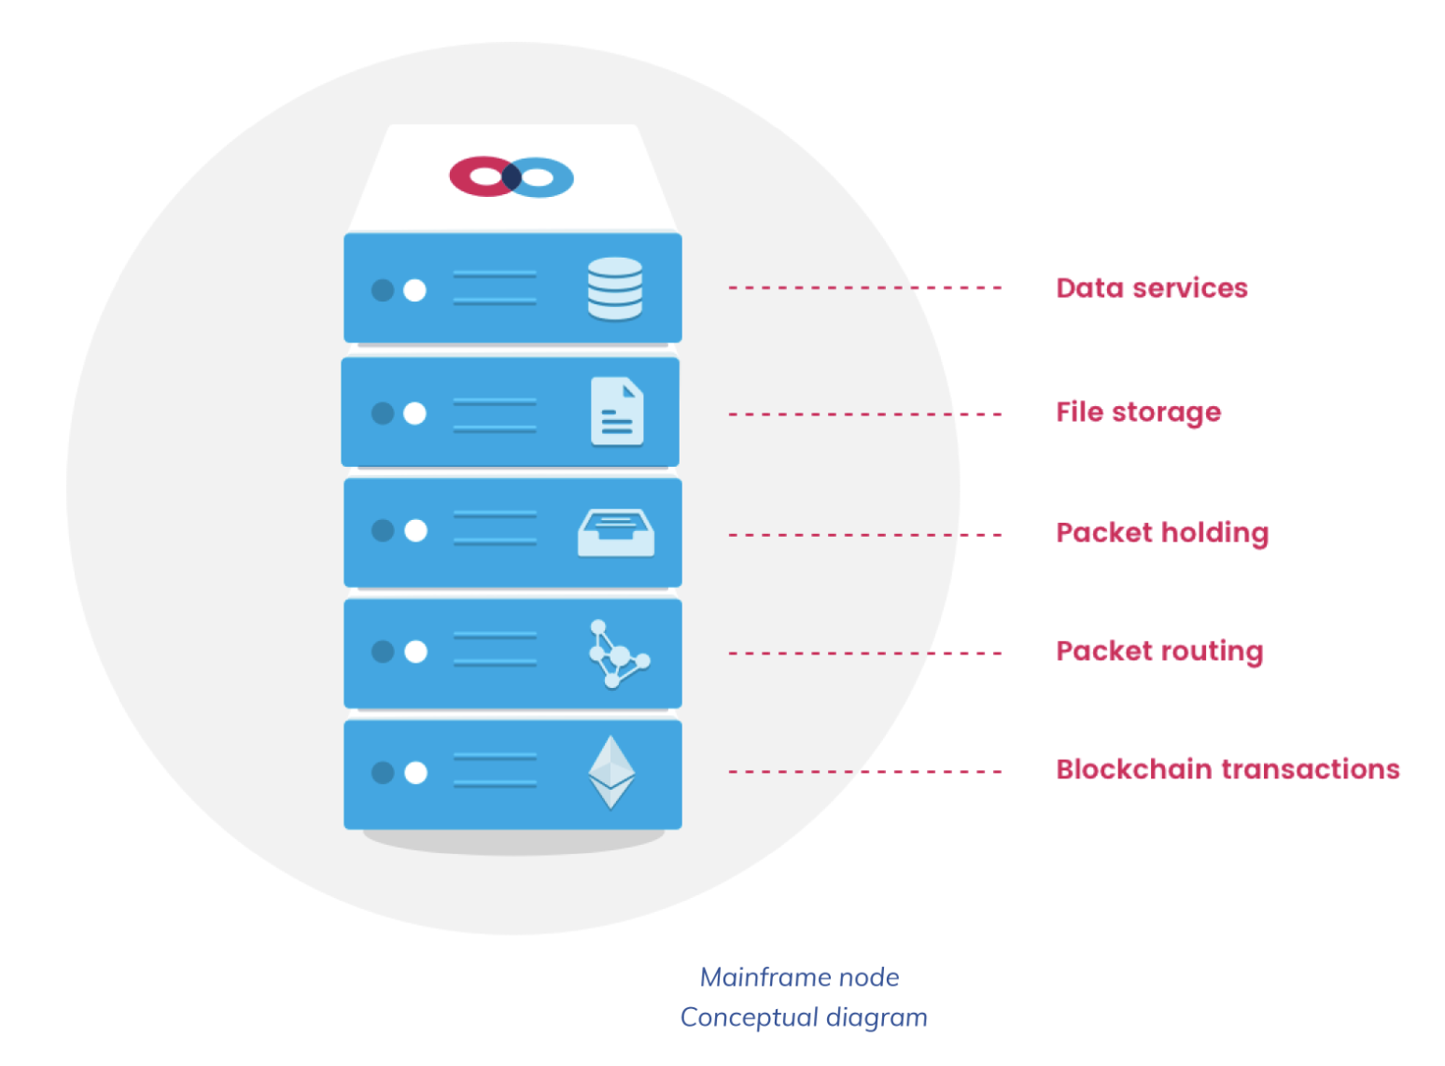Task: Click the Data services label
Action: coord(1151,288)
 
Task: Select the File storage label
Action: coord(1138,412)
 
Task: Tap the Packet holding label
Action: coord(1162,532)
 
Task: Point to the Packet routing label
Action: coord(1159,651)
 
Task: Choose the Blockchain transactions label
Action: coord(1228,769)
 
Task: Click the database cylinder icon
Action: coord(615,288)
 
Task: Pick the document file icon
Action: coord(617,411)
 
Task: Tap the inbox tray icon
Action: coord(616,533)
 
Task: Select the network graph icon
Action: coord(618,653)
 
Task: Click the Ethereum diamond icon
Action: coord(611,772)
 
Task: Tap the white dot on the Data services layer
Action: coord(414,290)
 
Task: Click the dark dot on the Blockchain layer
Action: coord(383,772)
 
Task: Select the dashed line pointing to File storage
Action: coord(864,414)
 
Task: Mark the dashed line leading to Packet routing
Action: coord(864,652)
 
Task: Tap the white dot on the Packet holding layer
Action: coord(415,530)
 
